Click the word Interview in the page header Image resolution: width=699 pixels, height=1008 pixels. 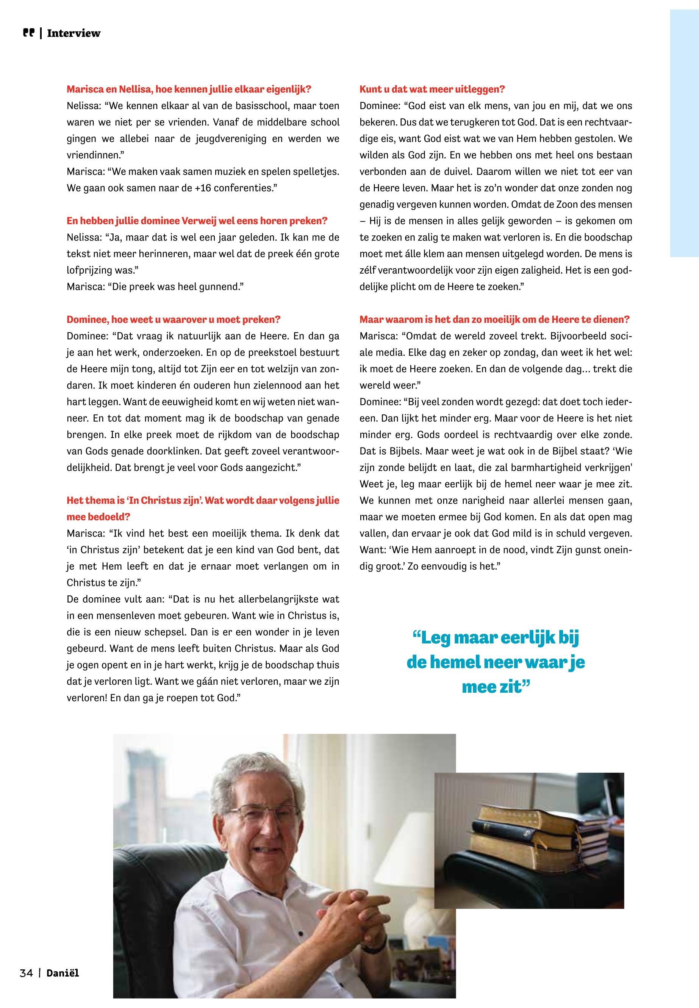(73, 33)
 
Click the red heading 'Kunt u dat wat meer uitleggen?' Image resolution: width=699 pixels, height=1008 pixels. (432, 89)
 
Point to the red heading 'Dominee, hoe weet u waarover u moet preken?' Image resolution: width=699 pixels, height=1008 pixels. (174, 319)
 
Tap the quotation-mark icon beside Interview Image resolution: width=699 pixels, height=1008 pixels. (28, 33)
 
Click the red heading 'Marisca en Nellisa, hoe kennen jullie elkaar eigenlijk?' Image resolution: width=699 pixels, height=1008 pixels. (189, 89)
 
